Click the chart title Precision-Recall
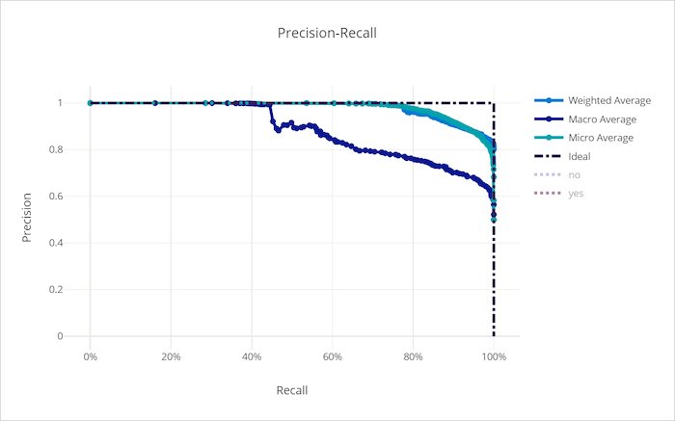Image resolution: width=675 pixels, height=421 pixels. [x=327, y=33]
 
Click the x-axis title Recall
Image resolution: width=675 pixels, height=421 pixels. [x=291, y=390]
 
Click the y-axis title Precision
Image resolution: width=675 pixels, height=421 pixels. [x=27, y=218]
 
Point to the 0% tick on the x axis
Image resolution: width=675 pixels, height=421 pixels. [x=90, y=355]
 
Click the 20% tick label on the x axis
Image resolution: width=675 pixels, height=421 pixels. [x=171, y=355]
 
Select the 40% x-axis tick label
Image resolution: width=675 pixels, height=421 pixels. [x=252, y=355]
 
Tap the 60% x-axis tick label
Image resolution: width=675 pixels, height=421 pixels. [x=333, y=355]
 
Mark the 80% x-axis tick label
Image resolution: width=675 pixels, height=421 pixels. [x=413, y=355]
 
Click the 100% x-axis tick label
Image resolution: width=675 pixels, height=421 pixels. [x=494, y=355]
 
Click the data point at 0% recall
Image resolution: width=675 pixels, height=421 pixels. [x=90, y=103]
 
